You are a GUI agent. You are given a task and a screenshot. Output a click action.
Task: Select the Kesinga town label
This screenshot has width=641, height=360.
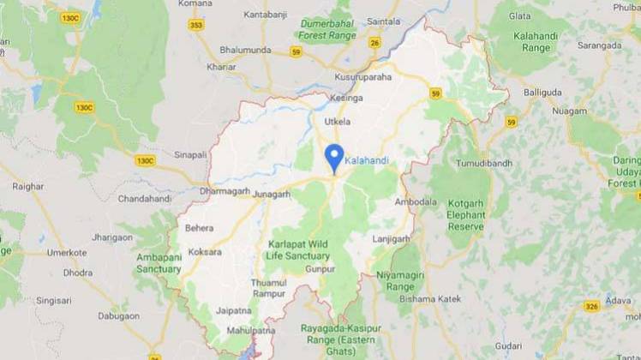coord(346,99)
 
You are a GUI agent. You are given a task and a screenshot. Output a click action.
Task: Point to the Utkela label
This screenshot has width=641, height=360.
coord(338,122)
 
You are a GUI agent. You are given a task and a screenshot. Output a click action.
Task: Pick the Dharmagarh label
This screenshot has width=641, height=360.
coord(221,191)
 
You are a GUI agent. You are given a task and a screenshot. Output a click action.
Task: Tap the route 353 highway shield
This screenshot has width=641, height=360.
coord(196,25)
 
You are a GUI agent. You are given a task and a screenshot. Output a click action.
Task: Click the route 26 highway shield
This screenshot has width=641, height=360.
coord(374,42)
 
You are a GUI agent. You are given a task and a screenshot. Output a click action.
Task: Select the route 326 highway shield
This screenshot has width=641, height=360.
coord(591,306)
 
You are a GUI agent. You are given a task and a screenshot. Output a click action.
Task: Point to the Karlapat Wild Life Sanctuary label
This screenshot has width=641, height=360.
coord(298,249)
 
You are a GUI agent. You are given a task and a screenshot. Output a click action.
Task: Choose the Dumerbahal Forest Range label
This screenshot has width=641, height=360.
coord(326,31)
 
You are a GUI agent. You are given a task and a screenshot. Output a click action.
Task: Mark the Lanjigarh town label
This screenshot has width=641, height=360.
coord(392,239)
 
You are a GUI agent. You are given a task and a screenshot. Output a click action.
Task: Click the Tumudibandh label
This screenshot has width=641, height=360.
coord(483,163)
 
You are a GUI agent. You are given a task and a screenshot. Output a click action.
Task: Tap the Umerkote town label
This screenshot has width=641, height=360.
coord(69,253)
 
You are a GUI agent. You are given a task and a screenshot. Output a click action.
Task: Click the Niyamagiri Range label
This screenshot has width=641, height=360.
coord(400,281)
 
